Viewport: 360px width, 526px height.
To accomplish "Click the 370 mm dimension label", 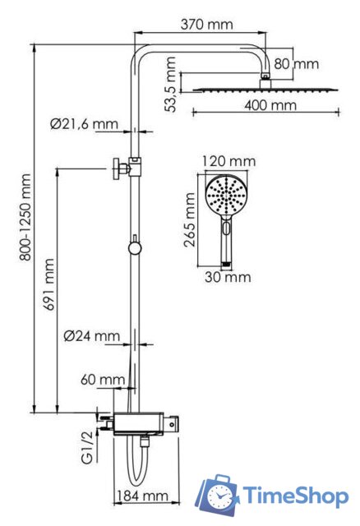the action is (x=206, y=25).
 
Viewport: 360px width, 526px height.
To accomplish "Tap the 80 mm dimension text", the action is (x=296, y=64).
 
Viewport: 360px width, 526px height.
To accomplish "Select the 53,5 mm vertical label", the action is (x=171, y=84).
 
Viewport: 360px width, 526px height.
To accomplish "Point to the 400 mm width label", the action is (x=270, y=105).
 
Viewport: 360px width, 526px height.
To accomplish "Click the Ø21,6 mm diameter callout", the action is (x=84, y=124).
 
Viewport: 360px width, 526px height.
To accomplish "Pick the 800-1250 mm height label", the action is (x=25, y=217).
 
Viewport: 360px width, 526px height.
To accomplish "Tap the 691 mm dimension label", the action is (x=48, y=284).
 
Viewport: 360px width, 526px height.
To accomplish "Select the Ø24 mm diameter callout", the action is (x=91, y=335).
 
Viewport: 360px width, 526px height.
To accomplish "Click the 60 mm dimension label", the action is (x=103, y=380).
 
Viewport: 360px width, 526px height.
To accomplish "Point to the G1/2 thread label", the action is (x=87, y=447).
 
